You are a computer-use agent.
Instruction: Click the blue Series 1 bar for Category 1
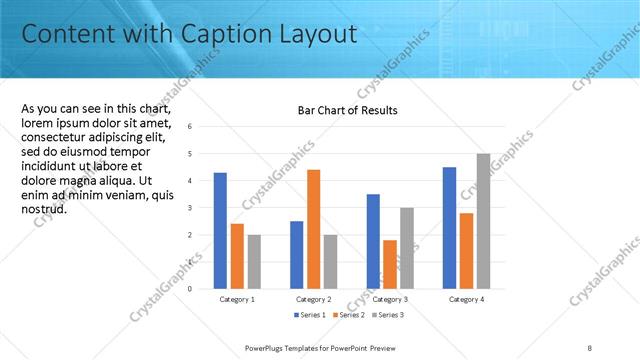pyautogui.click(x=220, y=231)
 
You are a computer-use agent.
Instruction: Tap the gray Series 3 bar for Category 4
pyautogui.click(x=483, y=221)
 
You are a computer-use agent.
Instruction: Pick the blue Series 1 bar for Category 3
pyautogui.click(x=373, y=241)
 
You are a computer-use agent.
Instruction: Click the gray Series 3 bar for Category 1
pyautogui.click(x=254, y=261)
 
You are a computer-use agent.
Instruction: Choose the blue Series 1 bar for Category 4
pyautogui.click(x=449, y=228)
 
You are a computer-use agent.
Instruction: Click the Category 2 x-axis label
pyautogui.click(x=314, y=299)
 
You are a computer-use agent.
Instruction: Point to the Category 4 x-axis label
pyautogui.click(x=466, y=299)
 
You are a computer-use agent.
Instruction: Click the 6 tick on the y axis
pyautogui.click(x=190, y=127)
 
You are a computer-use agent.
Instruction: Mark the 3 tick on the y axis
pyautogui.click(x=190, y=208)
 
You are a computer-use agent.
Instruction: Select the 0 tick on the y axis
pyautogui.click(x=190, y=289)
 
